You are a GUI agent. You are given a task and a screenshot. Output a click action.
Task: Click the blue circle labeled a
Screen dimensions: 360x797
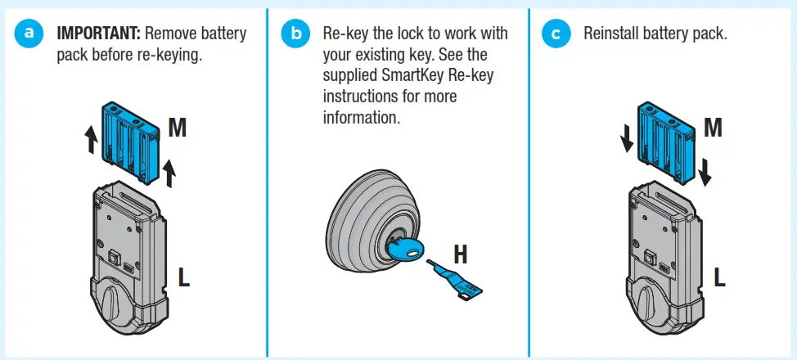pyautogui.click(x=31, y=34)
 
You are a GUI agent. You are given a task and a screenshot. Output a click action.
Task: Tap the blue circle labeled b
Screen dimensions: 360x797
pyautogui.click(x=295, y=34)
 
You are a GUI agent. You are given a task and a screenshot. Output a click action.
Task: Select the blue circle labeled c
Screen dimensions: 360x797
pyautogui.click(x=556, y=34)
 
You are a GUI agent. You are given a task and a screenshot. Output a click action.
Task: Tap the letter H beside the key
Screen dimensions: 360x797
pyautogui.click(x=462, y=255)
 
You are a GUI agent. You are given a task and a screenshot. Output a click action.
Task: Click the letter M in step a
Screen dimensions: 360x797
pyautogui.click(x=180, y=128)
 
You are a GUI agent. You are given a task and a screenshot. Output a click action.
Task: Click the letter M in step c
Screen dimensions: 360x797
pyautogui.click(x=713, y=128)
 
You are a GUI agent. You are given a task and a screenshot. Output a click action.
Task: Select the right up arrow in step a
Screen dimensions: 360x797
pyautogui.click(x=169, y=171)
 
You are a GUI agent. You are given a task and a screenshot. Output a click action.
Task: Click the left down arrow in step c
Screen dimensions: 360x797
pyautogui.click(x=626, y=141)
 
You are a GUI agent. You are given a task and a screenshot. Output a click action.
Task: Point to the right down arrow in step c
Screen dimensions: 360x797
pyautogui.click(x=705, y=171)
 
